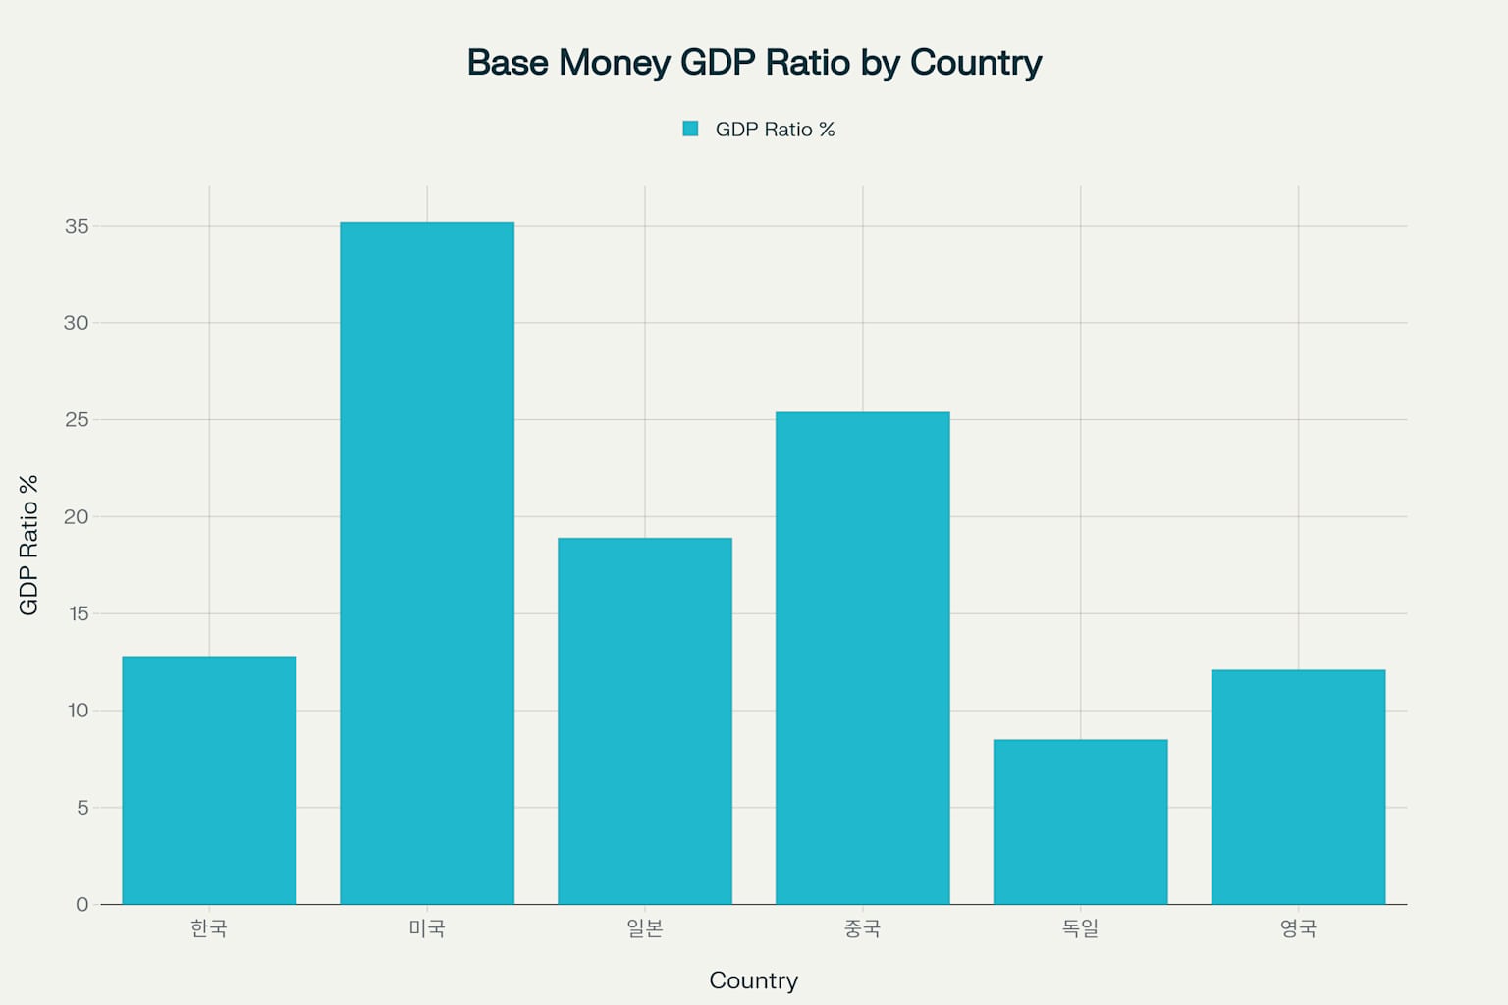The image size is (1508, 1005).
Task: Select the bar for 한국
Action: [209, 780]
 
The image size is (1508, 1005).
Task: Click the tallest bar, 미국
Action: [427, 563]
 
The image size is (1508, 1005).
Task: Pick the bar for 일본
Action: [645, 721]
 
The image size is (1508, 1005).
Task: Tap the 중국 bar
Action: [863, 658]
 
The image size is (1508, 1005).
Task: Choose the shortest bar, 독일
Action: [1081, 821]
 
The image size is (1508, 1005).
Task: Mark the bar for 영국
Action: [1298, 787]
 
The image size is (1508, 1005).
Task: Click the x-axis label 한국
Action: [209, 928]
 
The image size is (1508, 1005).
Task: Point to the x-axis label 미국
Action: [427, 928]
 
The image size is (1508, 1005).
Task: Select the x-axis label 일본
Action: [645, 928]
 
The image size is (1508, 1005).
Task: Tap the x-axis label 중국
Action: [863, 928]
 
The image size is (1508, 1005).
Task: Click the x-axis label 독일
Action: [1081, 928]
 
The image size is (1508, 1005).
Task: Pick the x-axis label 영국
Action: [1298, 928]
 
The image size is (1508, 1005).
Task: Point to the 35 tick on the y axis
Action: [77, 227]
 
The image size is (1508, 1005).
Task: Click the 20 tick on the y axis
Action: [77, 517]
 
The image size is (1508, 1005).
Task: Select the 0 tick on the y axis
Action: [82, 905]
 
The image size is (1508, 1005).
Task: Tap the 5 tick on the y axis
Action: [82, 808]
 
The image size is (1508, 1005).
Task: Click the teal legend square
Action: [690, 129]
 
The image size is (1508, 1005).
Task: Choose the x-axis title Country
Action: [753, 980]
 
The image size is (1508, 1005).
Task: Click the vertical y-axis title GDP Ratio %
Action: [28, 545]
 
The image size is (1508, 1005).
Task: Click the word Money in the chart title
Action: [615, 63]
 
